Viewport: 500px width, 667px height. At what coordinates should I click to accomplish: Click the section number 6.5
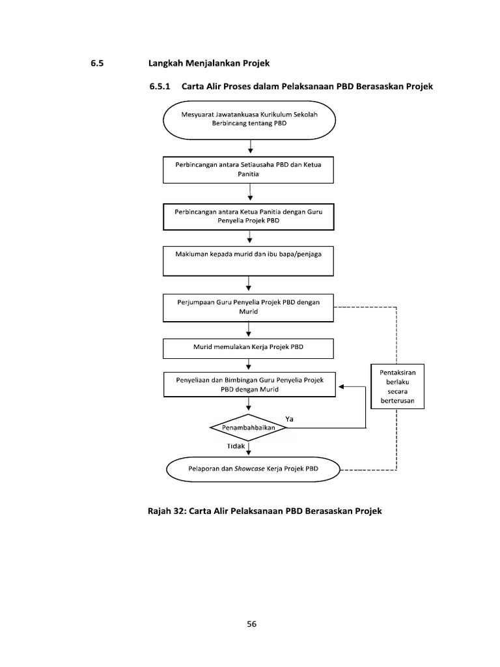click(x=97, y=63)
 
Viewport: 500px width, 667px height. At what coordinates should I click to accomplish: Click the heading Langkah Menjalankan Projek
click(x=209, y=63)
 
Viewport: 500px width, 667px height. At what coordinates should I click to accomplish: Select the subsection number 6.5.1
click(x=160, y=87)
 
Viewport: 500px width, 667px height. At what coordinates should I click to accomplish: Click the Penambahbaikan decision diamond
click(x=249, y=428)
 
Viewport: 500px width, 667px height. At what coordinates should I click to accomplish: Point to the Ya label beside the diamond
click(x=290, y=419)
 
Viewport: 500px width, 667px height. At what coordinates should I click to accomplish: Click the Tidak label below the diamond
click(x=236, y=446)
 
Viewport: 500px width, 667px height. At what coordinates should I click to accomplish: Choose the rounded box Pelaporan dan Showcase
click(x=253, y=469)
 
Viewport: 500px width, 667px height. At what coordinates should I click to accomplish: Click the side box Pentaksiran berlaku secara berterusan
click(x=398, y=386)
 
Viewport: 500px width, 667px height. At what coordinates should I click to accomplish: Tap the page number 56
click(x=251, y=623)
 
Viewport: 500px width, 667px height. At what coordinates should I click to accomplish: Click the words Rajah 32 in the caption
click(x=168, y=511)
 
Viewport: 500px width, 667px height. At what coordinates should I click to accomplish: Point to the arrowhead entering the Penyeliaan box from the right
click(x=340, y=386)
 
